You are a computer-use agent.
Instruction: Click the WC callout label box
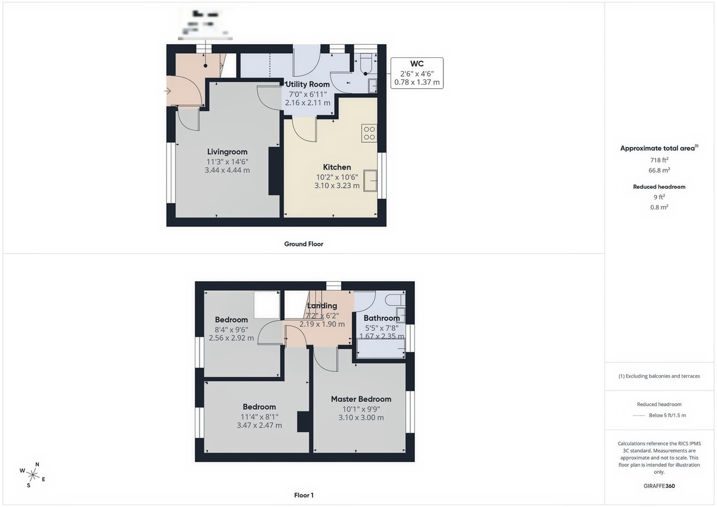pos(417,73)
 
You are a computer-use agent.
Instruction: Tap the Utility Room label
pos(307,84)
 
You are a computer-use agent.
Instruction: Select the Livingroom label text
pos(227,152)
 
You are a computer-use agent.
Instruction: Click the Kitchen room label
pos(337,167)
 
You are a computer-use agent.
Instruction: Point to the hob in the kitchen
pos(369,133)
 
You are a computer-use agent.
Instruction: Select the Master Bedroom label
pos(361,399)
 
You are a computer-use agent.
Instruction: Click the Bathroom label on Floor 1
pos(382,318)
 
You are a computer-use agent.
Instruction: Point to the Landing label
pos(322,306)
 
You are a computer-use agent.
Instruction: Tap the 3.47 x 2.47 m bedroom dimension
pos(259,426)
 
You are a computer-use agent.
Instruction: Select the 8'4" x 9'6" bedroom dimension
pos(231,329)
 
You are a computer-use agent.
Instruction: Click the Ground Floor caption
pos(304,244)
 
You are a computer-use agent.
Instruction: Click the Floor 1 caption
pos(304,494)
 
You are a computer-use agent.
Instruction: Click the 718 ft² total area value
pos(659,160)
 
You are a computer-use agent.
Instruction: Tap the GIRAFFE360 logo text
pos(659,486)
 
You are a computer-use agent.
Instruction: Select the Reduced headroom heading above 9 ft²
pos(659,187)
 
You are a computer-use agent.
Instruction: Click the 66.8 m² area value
pos(659,170)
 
